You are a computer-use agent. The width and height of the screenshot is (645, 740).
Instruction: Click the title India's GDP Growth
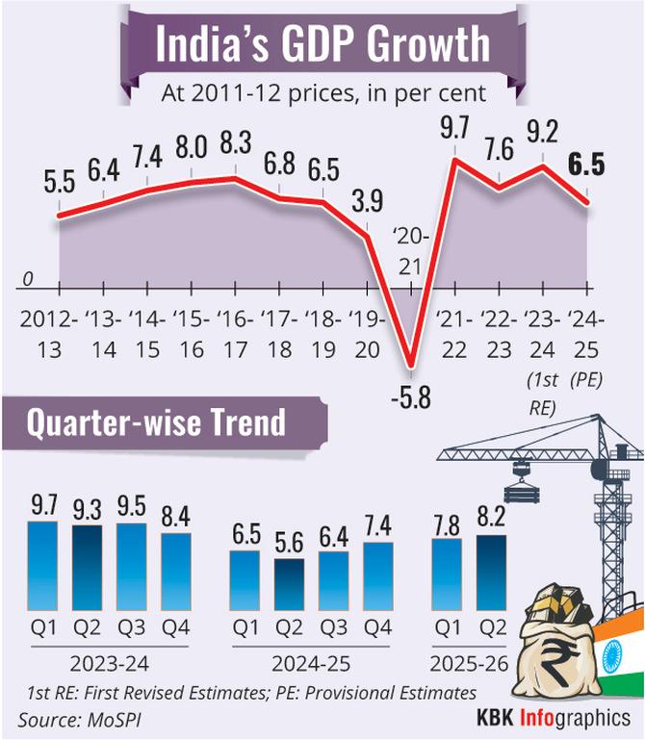(322, 46)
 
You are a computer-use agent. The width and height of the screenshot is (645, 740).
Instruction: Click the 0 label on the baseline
(29, 278)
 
